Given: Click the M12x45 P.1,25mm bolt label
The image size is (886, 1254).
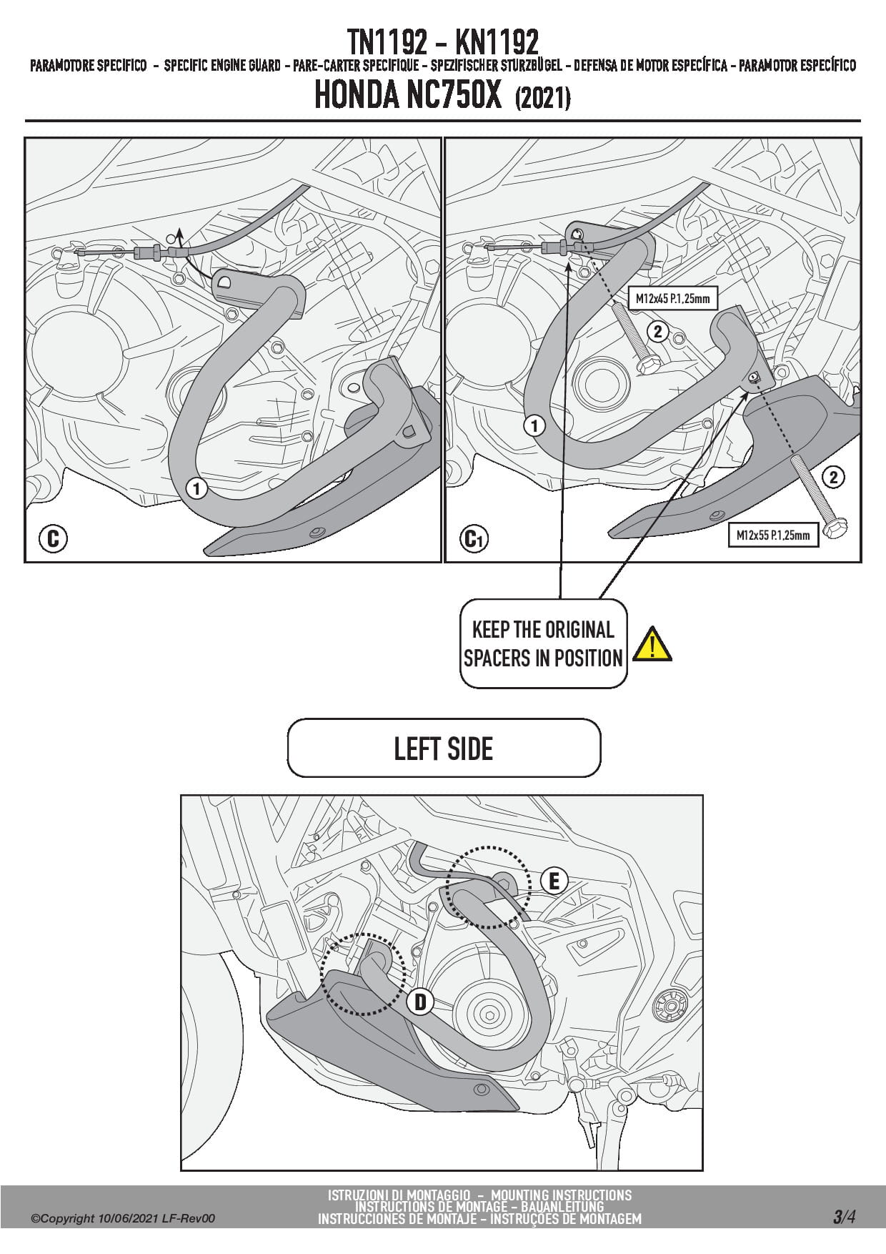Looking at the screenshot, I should pos(672,298).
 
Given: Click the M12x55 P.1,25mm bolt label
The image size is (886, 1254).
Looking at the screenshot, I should pos(773,535).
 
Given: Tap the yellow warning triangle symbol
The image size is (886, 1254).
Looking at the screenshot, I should pos(652,643).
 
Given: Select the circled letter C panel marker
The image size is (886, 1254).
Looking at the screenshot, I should pos(53,538).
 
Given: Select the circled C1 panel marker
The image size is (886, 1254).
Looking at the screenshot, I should pos(474,538).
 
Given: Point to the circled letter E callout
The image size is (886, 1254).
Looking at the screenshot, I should pos(554,882).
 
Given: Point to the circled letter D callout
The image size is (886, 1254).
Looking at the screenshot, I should pos(420,1002).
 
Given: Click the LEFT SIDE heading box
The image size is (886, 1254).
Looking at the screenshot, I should pos(444,749).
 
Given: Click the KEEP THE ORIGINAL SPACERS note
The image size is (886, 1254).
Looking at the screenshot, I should pos(543,643).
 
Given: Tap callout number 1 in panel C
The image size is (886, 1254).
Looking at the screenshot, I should pos(196,489).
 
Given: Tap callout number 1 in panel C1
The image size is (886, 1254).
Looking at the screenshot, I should pos(534,426).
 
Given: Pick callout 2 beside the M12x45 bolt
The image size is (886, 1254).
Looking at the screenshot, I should pos(657,331).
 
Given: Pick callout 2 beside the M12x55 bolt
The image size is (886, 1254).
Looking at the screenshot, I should pos(833,477).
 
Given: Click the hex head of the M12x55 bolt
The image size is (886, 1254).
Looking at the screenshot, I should pos(832,530).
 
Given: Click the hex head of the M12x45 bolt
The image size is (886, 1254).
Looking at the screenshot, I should pos(647,365).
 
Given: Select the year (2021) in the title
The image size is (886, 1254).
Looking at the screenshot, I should pos(542,98).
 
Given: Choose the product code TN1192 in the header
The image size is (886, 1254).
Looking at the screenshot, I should pos(387,43).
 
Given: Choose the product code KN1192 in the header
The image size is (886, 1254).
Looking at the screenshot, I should pos(497,43).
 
